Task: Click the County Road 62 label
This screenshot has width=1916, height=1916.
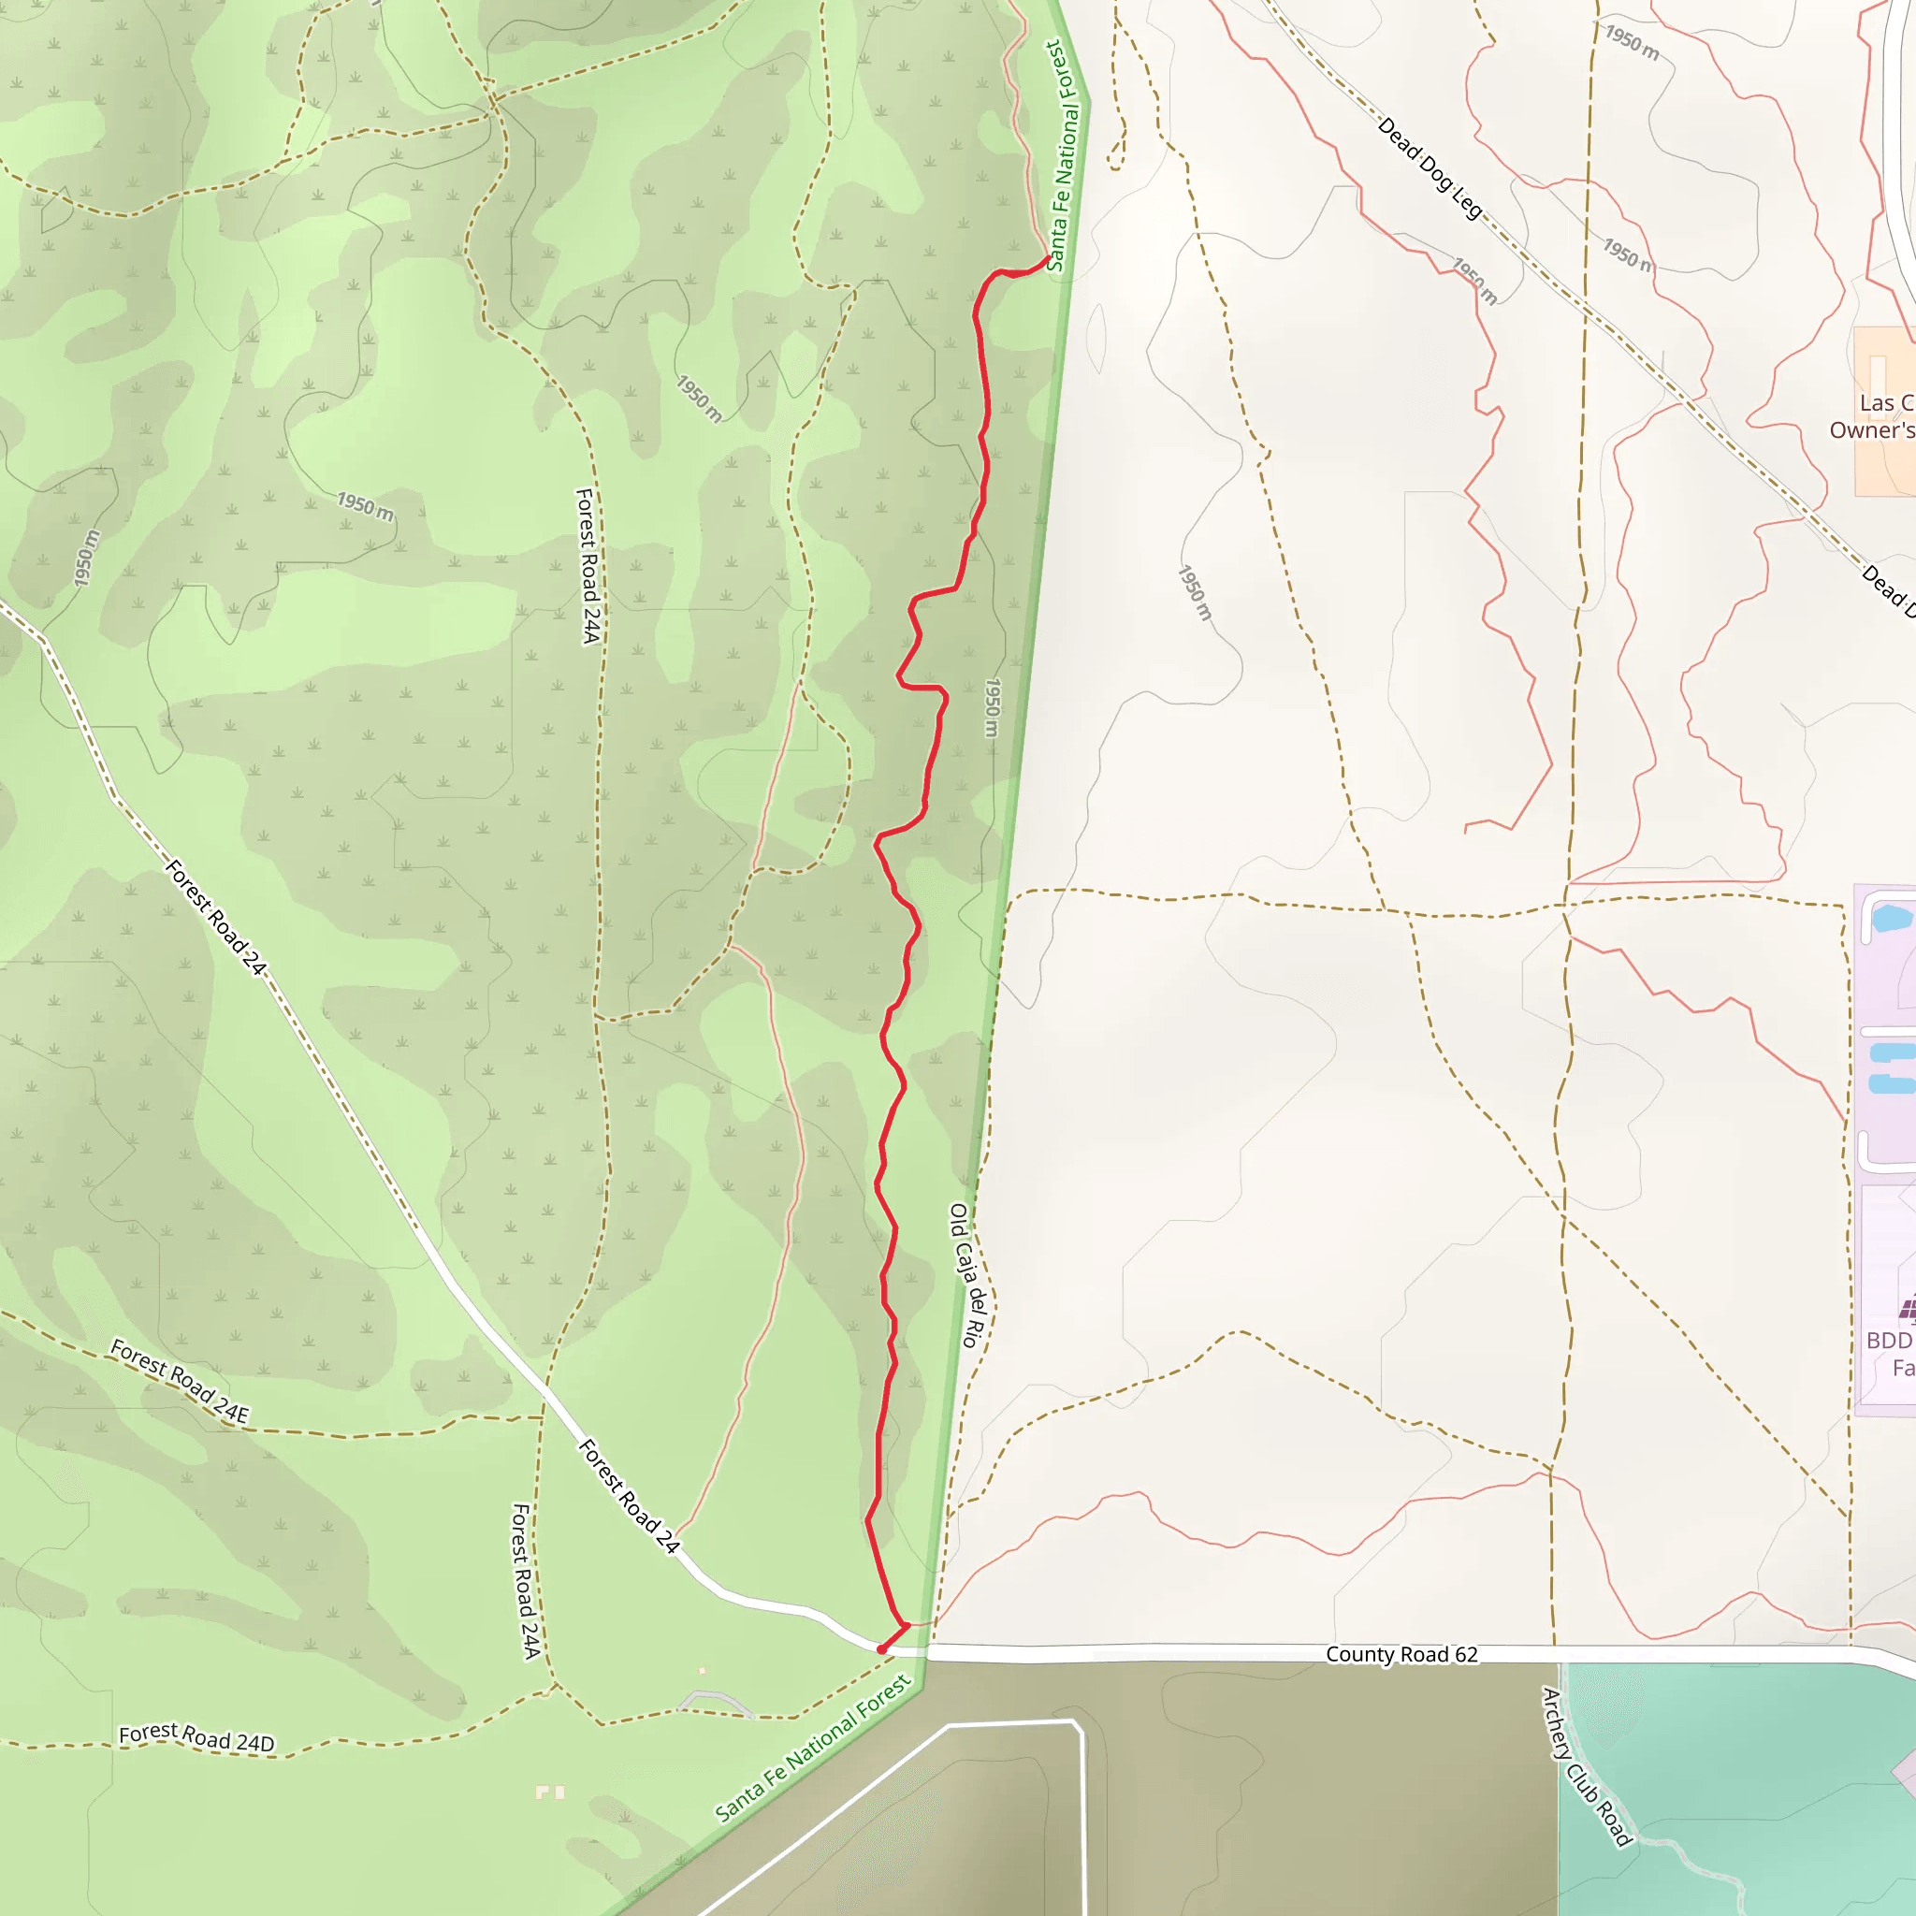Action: coord(1401,1654)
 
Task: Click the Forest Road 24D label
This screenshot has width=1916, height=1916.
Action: coord(196,1738)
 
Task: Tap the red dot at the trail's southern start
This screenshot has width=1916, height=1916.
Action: coord(881,1649)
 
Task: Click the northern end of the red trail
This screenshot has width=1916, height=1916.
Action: coord(1048,258)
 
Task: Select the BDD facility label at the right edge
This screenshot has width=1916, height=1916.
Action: coord(1889,1354)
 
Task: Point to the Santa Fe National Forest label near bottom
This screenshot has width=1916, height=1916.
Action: coord(812,1749)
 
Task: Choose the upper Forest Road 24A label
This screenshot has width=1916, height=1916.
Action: coord(589,565)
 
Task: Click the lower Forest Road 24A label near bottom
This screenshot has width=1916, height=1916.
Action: coord(525,1581)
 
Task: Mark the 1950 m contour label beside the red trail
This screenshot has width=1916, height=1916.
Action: coord(992,707)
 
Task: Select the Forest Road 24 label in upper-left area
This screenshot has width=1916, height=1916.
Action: coord(215,918)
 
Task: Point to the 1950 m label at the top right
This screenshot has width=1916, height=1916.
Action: coord(1633,43)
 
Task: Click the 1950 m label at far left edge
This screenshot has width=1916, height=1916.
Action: coord(86,559)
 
